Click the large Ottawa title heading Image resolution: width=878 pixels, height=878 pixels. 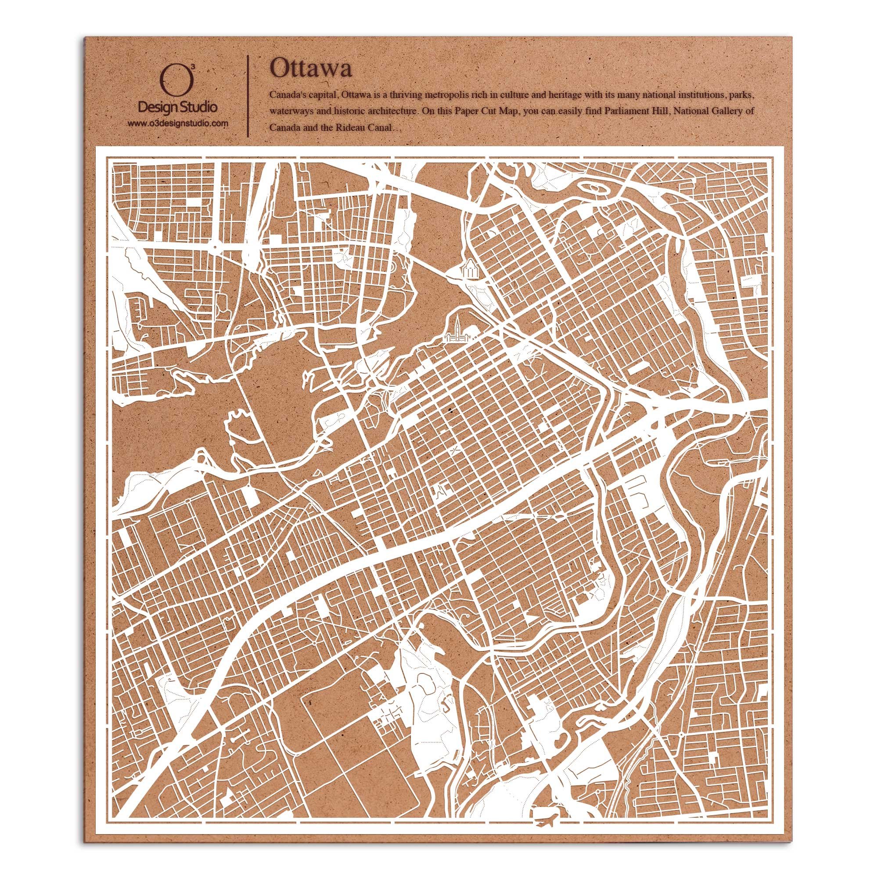point(310,69)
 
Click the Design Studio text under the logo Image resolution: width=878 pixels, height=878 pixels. point(177,108)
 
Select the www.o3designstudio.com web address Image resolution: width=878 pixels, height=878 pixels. point(177,123)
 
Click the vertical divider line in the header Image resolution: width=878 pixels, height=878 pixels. point(247,96)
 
